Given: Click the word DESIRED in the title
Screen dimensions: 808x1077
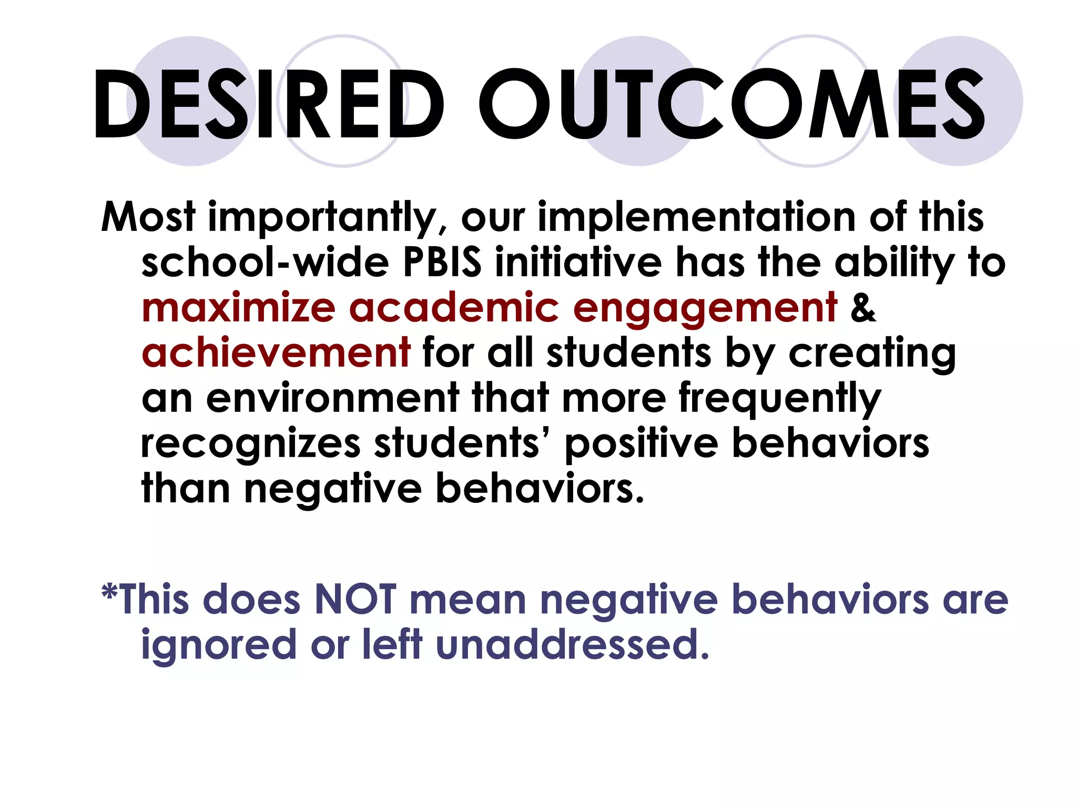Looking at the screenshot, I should tap(268, 104).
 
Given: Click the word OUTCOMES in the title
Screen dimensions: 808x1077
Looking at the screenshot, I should tap(731, 104).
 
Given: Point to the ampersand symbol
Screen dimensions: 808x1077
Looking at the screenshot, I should tap(863, 307).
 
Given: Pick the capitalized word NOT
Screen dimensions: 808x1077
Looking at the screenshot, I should tap(355, 599).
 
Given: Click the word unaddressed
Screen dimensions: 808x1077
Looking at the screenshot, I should tap(573, 644).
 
